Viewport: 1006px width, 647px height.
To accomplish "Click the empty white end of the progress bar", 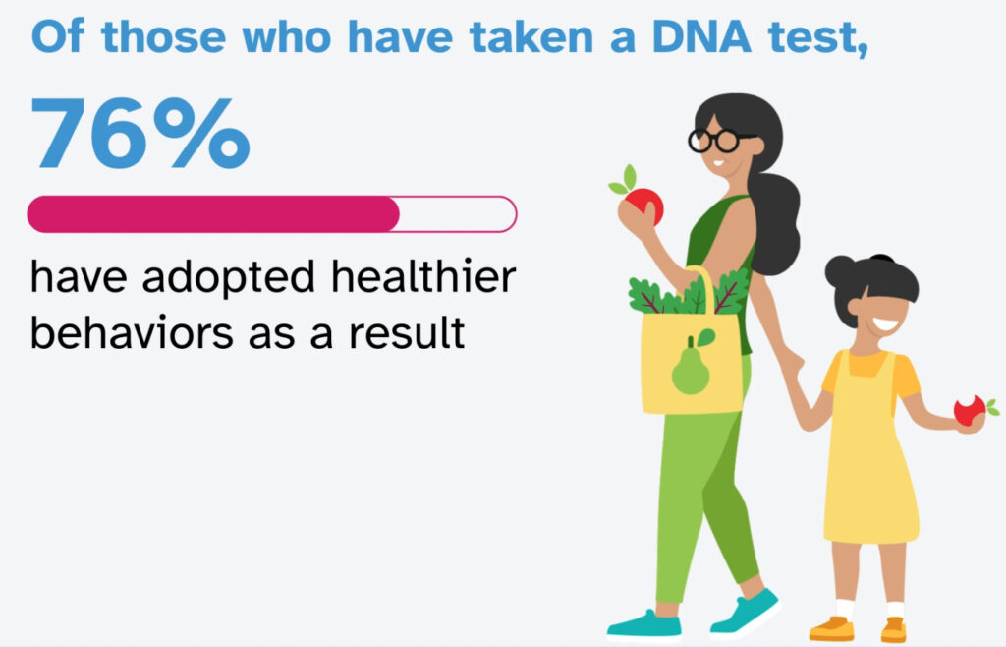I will point(457,213).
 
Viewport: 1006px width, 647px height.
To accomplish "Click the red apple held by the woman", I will point(644,204).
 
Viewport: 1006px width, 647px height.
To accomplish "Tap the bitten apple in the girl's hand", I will point(969,410).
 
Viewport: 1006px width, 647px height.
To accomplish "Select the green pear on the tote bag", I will point(692,368).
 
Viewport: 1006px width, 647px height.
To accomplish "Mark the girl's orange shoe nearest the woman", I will point(831,626).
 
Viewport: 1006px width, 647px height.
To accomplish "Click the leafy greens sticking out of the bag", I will point(688,293).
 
